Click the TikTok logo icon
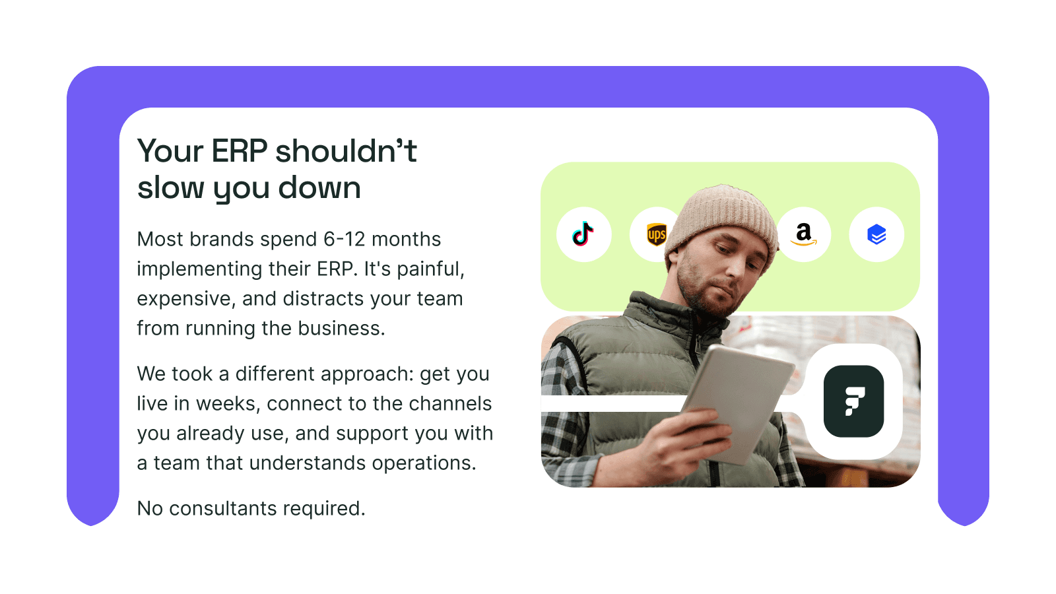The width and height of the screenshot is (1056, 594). coord(583,234)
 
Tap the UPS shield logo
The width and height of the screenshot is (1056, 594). coord(655,234)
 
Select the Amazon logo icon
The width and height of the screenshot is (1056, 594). coord(803,234)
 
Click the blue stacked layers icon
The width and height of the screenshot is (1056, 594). coord(876,234)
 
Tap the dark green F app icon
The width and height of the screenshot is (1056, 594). coord(853,401)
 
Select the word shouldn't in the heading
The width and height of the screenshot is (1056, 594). coord(346,151)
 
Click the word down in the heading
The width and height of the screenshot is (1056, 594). coord(319,188)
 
